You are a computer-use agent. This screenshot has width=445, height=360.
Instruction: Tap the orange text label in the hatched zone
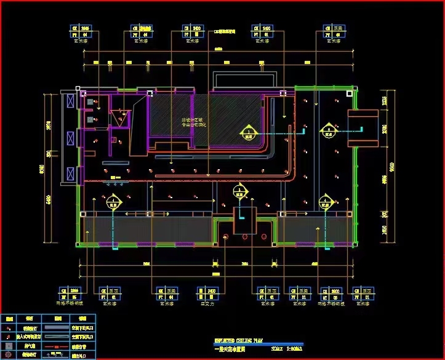192,122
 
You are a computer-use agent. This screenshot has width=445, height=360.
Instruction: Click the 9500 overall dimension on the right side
383,166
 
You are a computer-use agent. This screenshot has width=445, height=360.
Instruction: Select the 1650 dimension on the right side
384,229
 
